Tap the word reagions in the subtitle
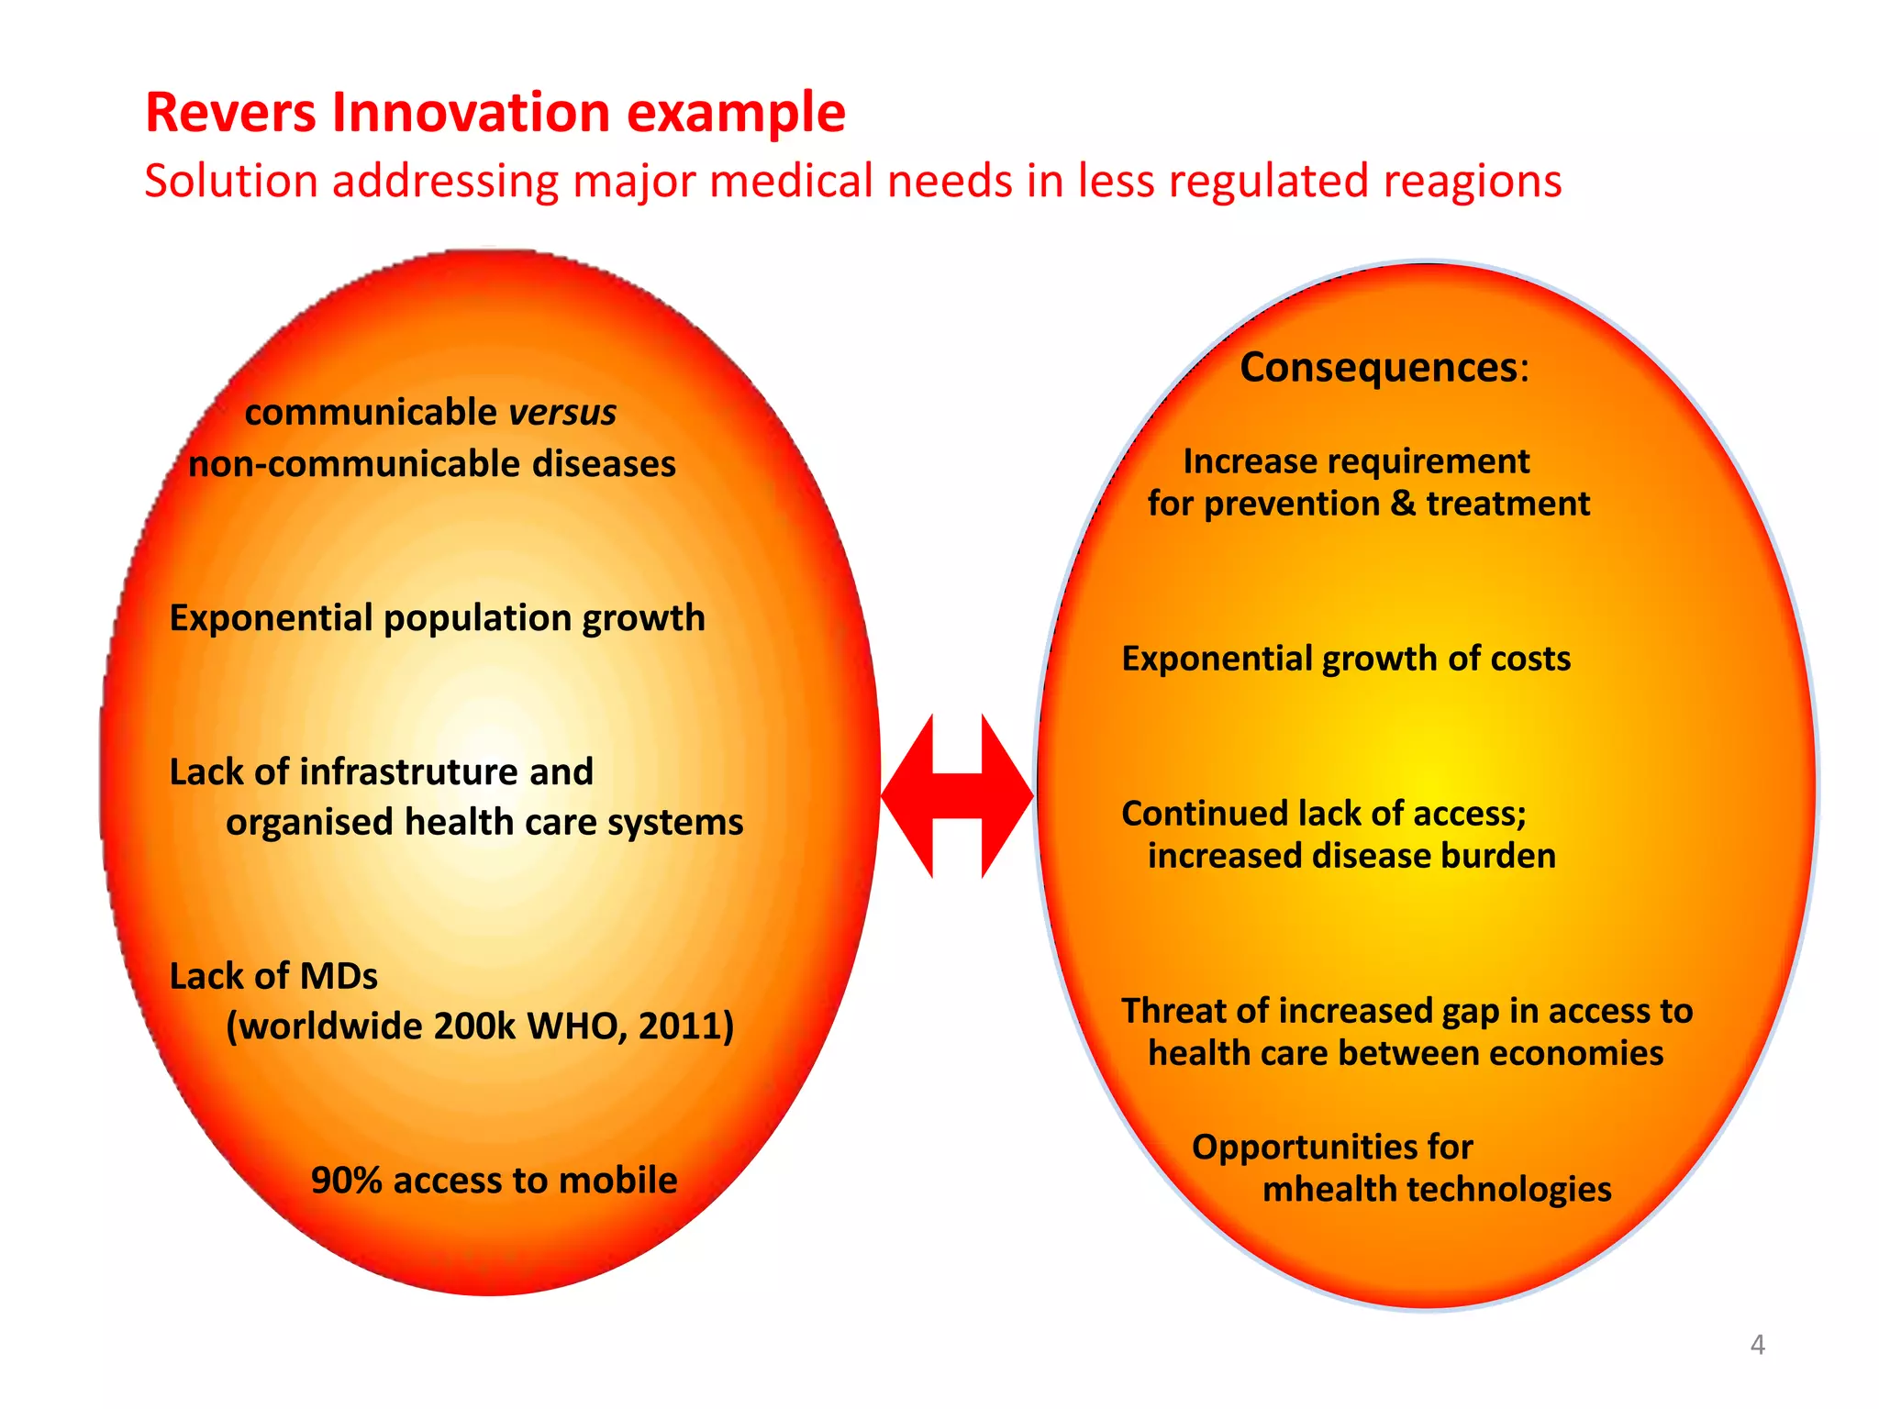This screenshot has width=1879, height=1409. point(1472,182)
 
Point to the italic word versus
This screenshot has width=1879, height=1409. point(562,413)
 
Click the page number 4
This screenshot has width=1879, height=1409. point(1757,1345)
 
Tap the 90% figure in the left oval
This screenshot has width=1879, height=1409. point(346,1181)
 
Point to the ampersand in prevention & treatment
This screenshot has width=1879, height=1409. point(1403,504)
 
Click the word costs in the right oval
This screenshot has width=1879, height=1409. point(1530,659)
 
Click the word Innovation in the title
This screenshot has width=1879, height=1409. point(471,113)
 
